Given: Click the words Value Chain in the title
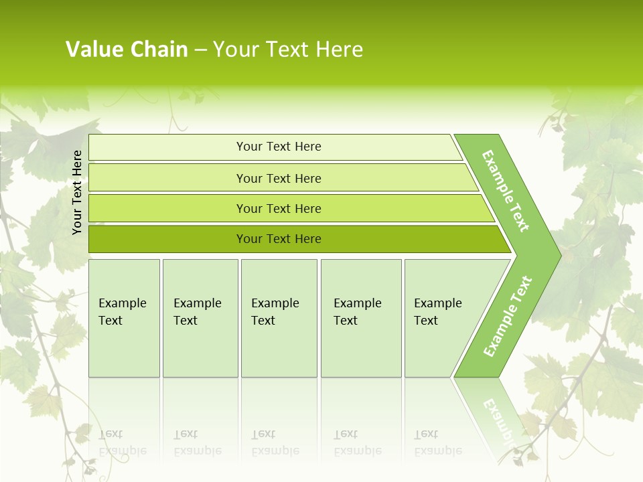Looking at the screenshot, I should [127, 50].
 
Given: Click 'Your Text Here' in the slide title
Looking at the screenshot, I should [288, 50].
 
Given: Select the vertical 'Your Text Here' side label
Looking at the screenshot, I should [77, 193].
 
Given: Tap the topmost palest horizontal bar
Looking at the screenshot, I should [278, 147].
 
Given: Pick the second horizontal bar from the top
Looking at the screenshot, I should [278, 178].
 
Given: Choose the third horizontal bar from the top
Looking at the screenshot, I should [278, 208].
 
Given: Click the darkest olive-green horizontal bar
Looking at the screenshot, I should [278, 239].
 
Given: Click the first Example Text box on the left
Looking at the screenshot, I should [124, 318].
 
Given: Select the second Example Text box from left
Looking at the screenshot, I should [200, 318].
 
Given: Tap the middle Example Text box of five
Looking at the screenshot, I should [279, 318].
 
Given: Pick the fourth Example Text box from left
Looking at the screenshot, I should [361, 318].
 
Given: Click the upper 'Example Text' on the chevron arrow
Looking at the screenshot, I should [506, 191].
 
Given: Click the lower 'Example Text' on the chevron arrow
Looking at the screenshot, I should [508, 316].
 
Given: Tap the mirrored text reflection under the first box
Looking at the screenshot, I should [122, 443].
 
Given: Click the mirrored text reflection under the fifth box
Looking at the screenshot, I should [437, 443].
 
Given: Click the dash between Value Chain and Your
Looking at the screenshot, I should [200, 50].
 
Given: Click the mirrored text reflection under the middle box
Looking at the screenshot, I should [275, 443].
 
